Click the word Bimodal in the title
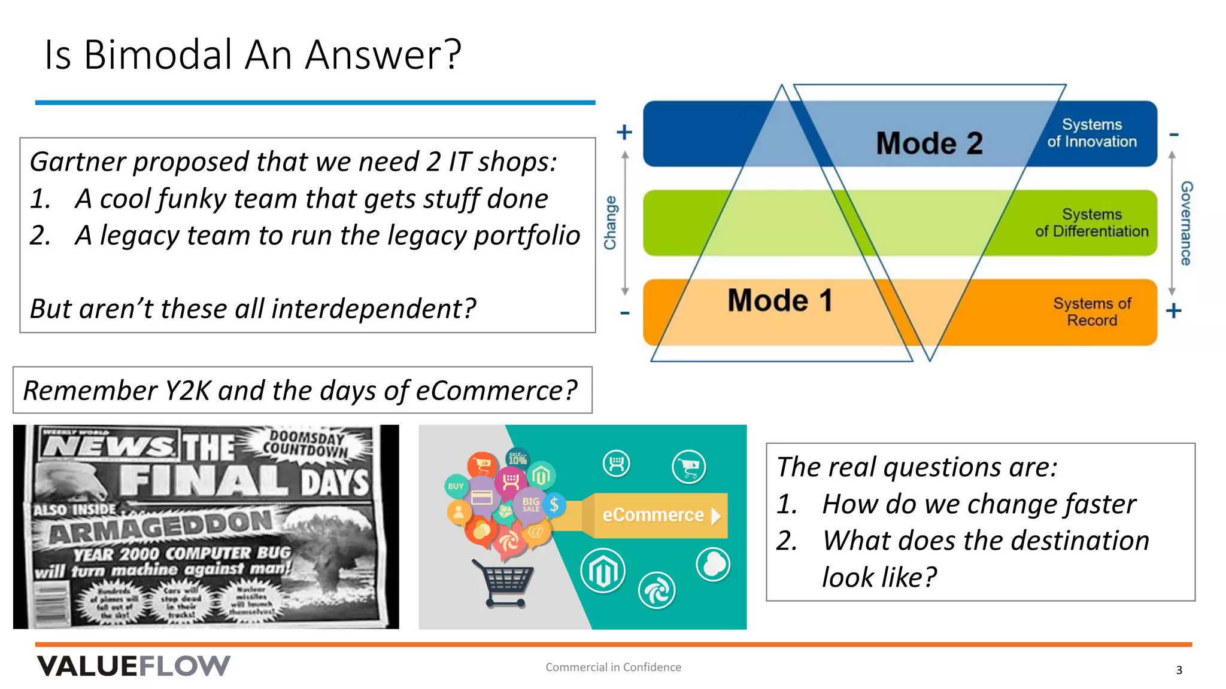(x=157, y=54)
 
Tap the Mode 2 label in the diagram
(x=929, y=144)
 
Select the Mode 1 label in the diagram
(x=780, y=300)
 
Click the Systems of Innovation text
(x=1091, y=133)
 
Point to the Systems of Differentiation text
(x=1091, y=222)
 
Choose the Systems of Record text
(x=1091, y=312)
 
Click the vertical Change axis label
(x=610, y=222)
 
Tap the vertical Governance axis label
(x=1186, y=223)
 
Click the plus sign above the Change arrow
(x=624, y=132)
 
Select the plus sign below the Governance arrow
(x=1173, y=310)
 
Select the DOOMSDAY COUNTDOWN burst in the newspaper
(x=306, y=444)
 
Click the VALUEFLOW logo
(x=133, y=666)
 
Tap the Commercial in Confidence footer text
(x=613, y=667)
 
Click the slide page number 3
(x=1179, y=670)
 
